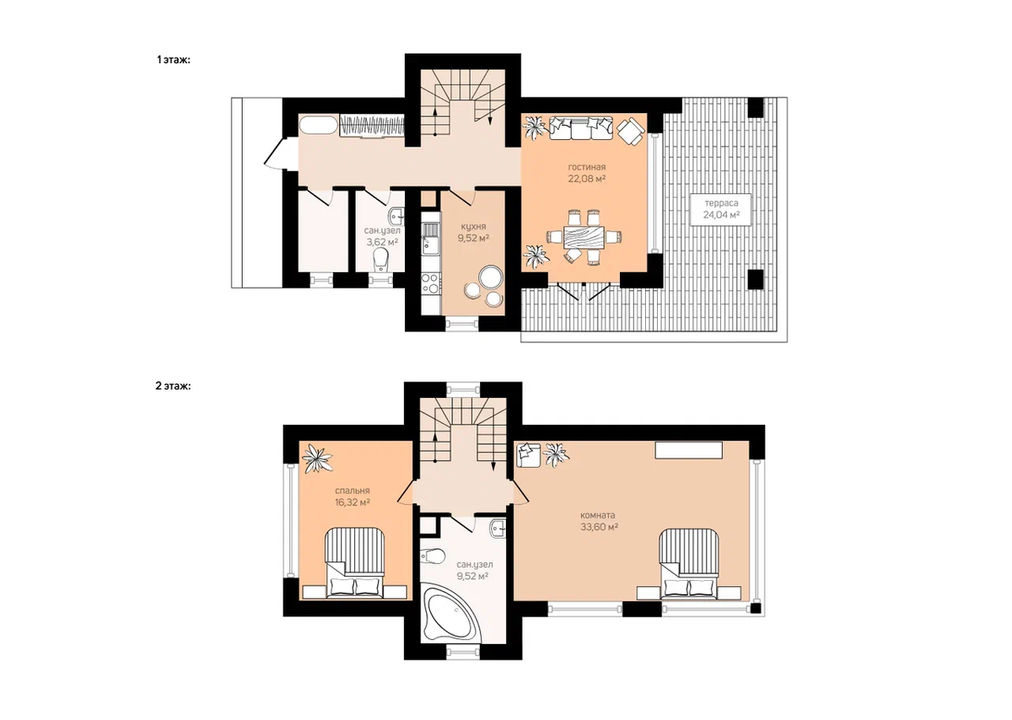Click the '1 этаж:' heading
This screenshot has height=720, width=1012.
pyautogui.click(x=174, y=60)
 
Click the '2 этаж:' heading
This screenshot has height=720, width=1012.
pyautogui.click(x=173, y=386)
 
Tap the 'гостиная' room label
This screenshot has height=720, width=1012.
pyautogui.click(x=587, y=167)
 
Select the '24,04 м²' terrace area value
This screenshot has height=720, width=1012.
pyautogui.click(x=721, y=214)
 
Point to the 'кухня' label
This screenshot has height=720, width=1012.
pyautogui.click(x=473, y=227)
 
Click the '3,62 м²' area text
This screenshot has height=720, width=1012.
pyautogui.click(x=382, y=242)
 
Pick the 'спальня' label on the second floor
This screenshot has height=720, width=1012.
pyautogui.click(x=353, y=491)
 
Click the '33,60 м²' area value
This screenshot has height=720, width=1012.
pyautogui.click(x=599, y=527)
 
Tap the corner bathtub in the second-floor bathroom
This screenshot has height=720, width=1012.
pyautogui.click(x=451, y=612)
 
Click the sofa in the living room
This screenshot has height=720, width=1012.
pyautogui.click(x=581, y=128)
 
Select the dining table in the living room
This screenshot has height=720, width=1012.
pyautogui.click(x=584, y=236)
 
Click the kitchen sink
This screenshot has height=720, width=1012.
pyautogui.click(x=430, y=239)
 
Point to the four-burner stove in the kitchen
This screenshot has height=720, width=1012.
pyautogui.click(x=430, y=283)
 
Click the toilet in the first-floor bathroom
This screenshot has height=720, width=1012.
pyautogui.click(x=381, y=260)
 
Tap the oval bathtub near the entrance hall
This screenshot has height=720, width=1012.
pyautogui.click(x=318, y=125)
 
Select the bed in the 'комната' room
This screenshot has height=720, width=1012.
pyautogui.click(x=689, y=564)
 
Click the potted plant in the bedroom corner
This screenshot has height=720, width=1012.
pyautogui.click(x=317, y=459)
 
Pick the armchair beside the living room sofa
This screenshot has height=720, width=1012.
pyautogui.click(x=631, y=132)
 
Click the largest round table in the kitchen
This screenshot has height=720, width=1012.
pyautogui.click(x=491, y=277)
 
